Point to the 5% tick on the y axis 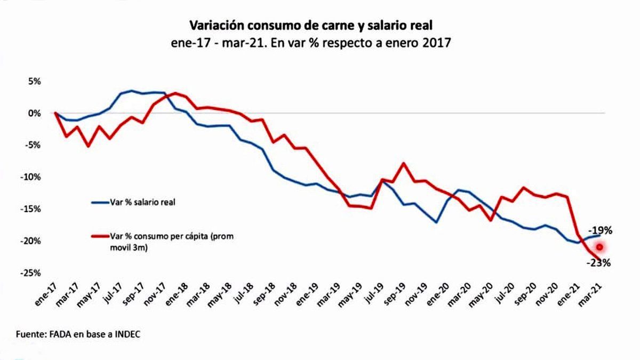coord(35,82)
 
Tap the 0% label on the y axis coord(35,113)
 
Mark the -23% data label coord(598,262)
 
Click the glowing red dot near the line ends coord(599,247)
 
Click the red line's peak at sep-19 coord(404,163)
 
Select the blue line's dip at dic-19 coord(437,222)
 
